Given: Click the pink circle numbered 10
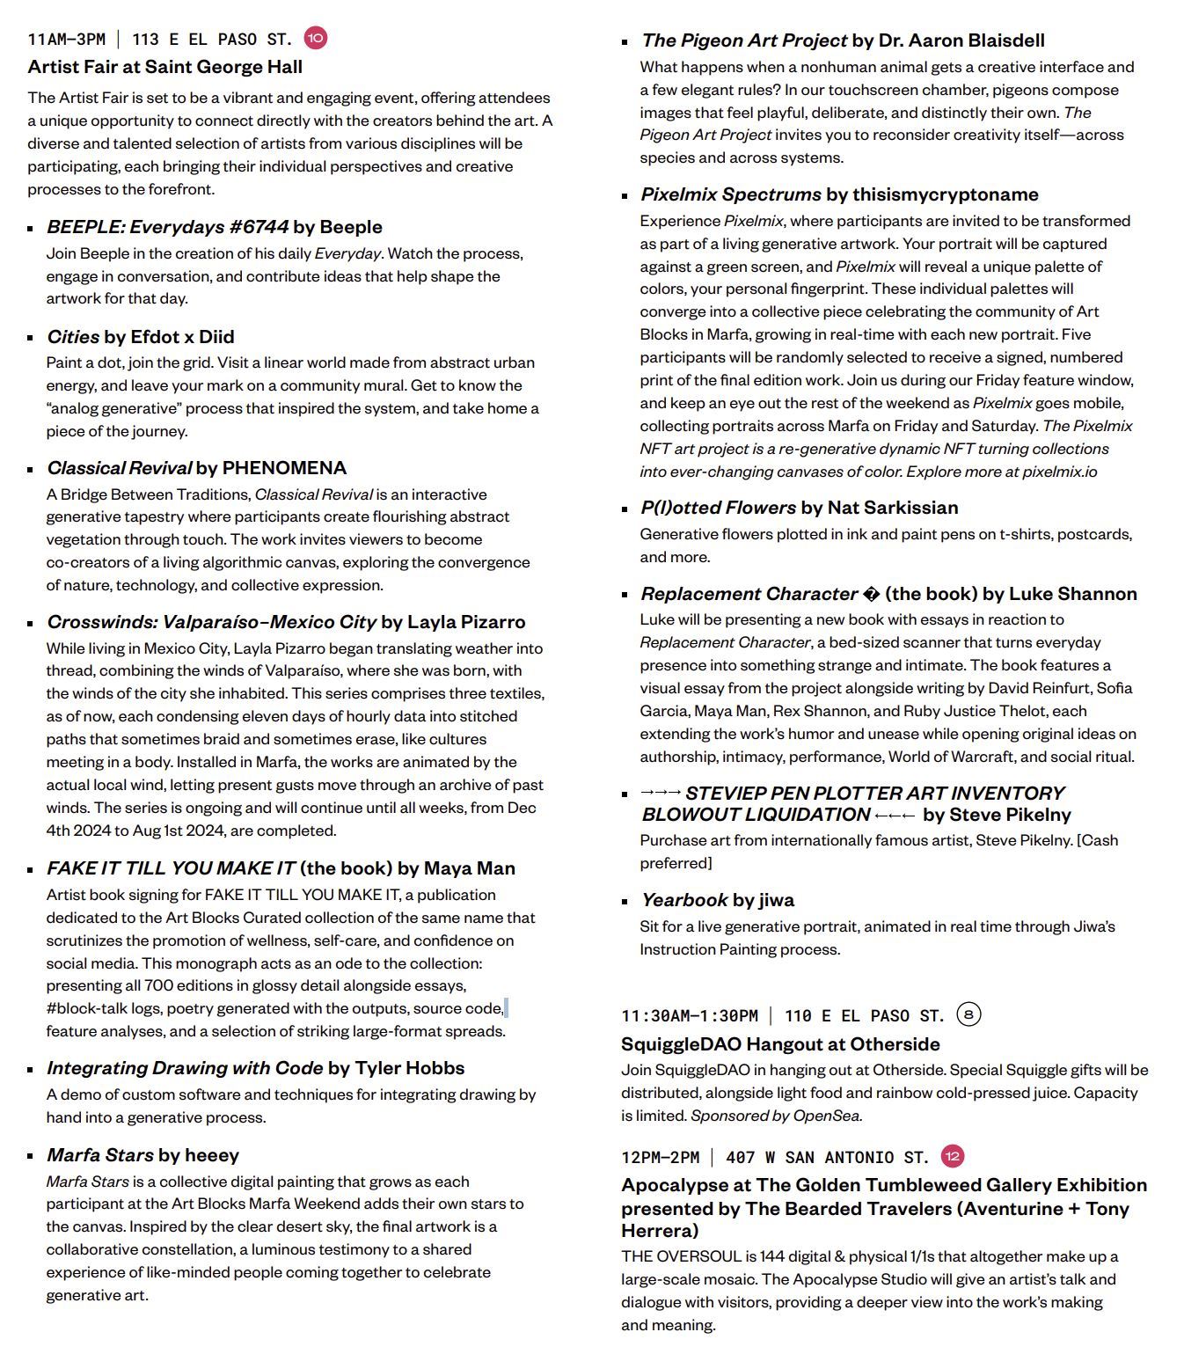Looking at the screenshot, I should pyautogui.click(x=315, y=38).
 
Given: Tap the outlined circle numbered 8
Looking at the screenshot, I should pyautogui.click(x=968, y=1014).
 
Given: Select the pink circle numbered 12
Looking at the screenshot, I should pyautogui.click(x=952, y=1156).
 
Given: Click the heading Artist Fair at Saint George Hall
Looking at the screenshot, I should pyautogui.click(x=164, y=67).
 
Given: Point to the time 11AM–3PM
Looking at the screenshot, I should pyautogui.click(x=66, y=40).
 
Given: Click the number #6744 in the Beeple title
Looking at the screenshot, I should pyautogui.click(x=258, y=227).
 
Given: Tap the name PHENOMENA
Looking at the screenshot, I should pyautogui.click(x=284, y=468).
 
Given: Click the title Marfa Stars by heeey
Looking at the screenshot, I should pyautogui.click(x=143, y=1155).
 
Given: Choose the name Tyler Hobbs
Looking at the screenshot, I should pyautogui.click(x=409, y=1068).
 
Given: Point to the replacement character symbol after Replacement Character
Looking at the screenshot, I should pyautogui.click(x=871, y=594).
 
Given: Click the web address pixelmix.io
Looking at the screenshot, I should pyautogui.click(x=1059, y=472).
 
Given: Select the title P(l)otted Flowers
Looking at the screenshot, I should pyautogui.click(x=718, y=508).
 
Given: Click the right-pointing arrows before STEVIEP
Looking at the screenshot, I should pyautogui.click(x=661, y=793).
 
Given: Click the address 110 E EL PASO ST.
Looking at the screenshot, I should pyautogui.click(x=864, y=1016).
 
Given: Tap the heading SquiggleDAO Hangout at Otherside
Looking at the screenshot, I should pyautogui.click(x=780, y=1044).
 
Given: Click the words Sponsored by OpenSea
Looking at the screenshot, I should pyautogui.click(x=776, y=1116).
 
